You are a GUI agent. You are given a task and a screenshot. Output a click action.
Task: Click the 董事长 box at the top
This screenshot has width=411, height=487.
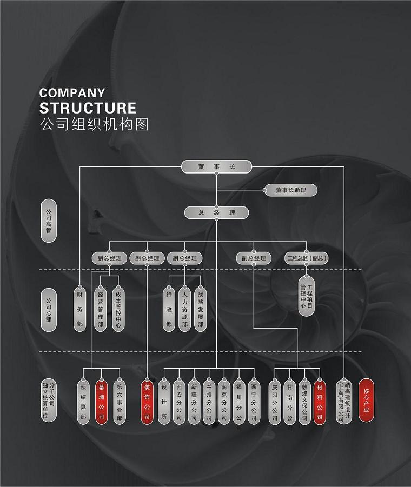click(x=216, y=167)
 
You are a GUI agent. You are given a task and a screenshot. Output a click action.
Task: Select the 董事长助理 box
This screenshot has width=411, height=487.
click(x=290, y=190)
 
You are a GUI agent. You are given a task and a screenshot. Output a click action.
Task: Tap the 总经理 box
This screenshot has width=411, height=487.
click(x=216, y=213)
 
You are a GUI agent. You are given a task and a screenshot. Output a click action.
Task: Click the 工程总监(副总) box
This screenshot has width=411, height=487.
click(x=307, y=258)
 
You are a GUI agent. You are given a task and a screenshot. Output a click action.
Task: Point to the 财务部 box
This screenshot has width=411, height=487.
click(x=80, y=309)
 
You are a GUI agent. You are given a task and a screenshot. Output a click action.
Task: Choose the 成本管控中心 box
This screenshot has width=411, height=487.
click(x=118, y=309)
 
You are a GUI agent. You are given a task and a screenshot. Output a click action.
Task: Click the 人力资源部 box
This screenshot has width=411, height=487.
click(x=184, y=309)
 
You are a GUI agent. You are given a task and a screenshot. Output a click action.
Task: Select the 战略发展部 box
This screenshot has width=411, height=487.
click(x=200, y=309)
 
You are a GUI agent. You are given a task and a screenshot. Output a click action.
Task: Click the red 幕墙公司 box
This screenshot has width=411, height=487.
click(x=101, y=402)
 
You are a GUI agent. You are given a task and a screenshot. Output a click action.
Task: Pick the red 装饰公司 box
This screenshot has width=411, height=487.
click(x=147, y=402)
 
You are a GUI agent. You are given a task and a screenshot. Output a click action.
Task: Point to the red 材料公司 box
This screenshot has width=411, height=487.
click(x=320, y=402)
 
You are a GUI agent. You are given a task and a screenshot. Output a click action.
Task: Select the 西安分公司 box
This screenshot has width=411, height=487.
click(x=180, y=402)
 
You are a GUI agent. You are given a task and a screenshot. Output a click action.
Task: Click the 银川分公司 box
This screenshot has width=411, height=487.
click(x=238, y=402)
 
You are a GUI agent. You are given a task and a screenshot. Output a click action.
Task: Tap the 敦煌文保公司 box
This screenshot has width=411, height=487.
click(x=305, y=402)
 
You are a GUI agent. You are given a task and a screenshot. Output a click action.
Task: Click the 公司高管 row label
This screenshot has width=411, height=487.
click(x=49, y=221)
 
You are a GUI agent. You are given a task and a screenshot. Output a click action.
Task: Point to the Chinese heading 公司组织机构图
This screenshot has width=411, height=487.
click(x=94, y=124)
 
